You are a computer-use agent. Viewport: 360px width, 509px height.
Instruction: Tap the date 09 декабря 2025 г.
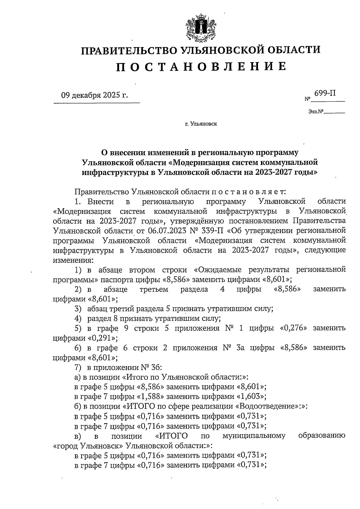tap(94, 95)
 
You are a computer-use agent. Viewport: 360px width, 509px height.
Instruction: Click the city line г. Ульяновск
tap(201, 124)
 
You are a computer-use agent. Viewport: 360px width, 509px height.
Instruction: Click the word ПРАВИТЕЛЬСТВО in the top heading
tap(130, 50)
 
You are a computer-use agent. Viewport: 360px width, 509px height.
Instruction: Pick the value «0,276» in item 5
tap(293, 328)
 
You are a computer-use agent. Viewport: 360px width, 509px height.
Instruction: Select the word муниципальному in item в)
tap(254, 435)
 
